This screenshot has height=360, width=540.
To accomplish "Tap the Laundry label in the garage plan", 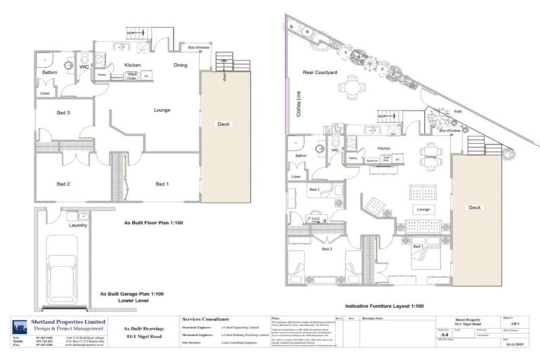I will (77, 225).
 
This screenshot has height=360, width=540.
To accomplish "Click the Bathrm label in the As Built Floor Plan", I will (49, 72).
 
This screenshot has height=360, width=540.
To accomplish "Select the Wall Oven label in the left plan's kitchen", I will (131, 77).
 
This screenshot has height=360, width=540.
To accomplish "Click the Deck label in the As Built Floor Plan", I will (223, 124).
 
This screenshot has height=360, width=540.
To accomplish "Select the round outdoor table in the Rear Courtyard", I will (351, 89).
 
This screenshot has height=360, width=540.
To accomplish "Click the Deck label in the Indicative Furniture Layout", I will (475, 207).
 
